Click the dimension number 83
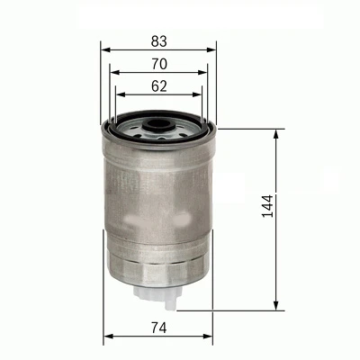pos(158,40)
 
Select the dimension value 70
pos(158,63)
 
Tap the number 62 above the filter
pos(158,85)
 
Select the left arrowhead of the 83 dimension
pos(104,50)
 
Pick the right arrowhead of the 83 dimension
pos(214,50)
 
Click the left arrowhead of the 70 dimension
pos(112,74)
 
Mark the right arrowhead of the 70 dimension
pos(206,74)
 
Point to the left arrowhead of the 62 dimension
pos(121,95)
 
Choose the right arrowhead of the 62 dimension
pos(199,95)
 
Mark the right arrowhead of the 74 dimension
pos(211,337)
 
